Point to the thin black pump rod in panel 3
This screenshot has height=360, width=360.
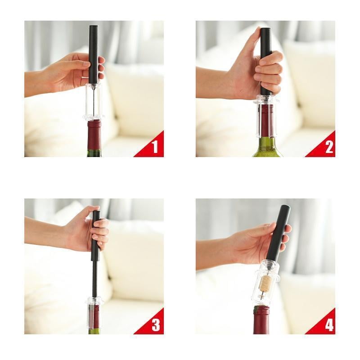(x=94, y=279)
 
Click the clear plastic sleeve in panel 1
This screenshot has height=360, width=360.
(x=94, y=101)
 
